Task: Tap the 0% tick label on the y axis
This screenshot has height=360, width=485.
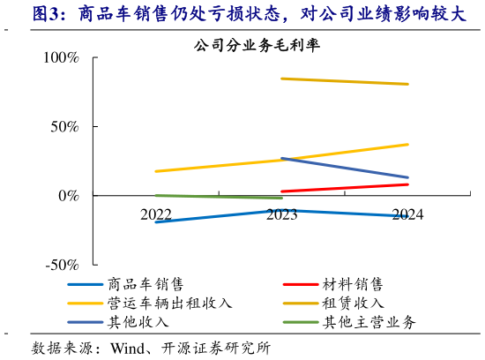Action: click(68, 195)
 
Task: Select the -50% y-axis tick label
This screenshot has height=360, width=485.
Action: click(61, 264)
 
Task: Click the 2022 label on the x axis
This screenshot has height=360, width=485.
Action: click(156, 214)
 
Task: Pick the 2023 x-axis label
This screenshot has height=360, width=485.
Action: click(281, 214)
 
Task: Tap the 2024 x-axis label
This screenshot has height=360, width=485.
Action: click(407, 214)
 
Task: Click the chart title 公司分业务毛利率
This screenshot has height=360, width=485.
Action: click(249, 46)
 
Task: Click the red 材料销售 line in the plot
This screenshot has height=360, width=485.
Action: click(344, 188)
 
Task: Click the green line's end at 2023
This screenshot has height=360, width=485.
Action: click(281, 199)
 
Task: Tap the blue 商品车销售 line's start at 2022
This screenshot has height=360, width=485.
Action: click(157, 221)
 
